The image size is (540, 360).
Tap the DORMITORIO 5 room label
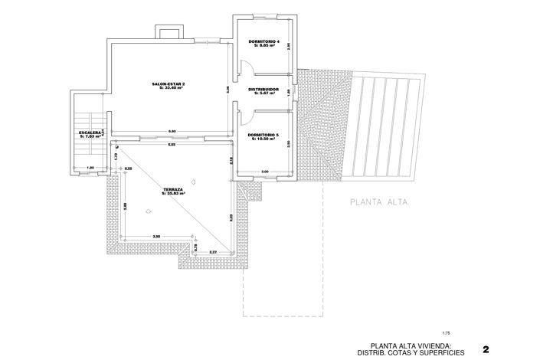tap(262, 135)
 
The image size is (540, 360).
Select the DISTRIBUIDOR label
tap(262, 90)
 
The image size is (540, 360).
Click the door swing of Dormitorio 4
tap(244, 67)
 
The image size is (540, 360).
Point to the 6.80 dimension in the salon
tap(172, 131)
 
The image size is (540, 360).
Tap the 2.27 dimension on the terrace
tap(213, 251)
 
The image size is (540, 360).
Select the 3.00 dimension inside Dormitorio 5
tap(264, 170)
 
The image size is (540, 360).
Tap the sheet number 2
tap(486, 349)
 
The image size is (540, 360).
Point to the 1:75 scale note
tap(446, 332)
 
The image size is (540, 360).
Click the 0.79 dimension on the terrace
tap(196, 247)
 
